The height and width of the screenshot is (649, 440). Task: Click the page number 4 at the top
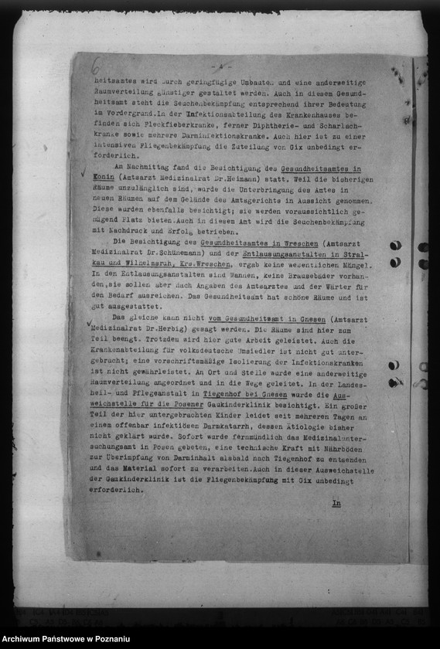(220, 66)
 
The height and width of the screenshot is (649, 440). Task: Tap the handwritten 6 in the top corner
(95, 70)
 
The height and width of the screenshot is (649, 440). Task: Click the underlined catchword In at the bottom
(336, 503)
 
